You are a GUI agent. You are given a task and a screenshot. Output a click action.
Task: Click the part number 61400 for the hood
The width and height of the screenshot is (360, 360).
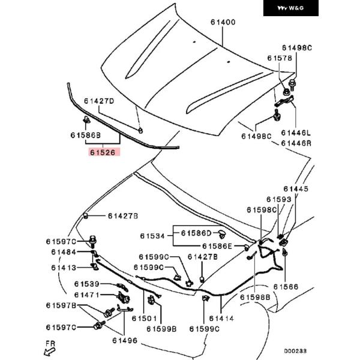coord(223,23)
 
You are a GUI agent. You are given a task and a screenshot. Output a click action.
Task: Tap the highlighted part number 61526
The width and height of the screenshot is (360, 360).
coord(104,152)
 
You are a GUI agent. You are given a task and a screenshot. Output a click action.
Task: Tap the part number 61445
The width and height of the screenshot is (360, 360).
coord(295,188)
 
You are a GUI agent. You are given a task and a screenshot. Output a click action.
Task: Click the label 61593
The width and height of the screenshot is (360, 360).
coord(279,199)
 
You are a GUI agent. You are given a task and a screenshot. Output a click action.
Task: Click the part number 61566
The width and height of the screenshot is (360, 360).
coord(286,287)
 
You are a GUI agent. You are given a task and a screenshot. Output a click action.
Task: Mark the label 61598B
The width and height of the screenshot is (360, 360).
coord(255,297)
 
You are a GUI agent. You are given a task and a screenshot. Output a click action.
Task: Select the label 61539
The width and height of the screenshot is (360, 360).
coord(87,284)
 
